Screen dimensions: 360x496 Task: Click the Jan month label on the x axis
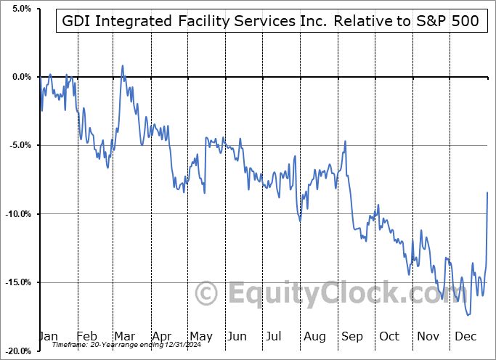tap(48, 337)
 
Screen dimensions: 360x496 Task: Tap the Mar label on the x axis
tap(124, 337)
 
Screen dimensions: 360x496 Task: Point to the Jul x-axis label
tap(275, 337)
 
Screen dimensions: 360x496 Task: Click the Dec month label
tap(465, 337)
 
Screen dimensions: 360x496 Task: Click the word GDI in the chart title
tap(76, 21)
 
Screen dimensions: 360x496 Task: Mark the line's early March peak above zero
tap(123, 66)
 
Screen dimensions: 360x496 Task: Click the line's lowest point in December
tap(468, 315)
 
